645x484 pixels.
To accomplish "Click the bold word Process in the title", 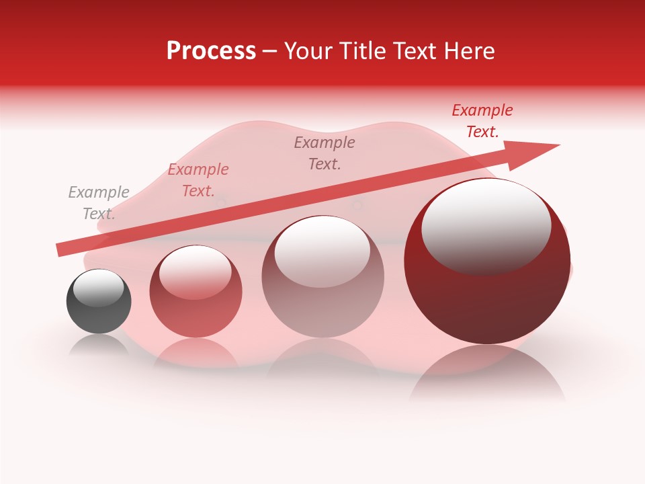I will click(211, 51).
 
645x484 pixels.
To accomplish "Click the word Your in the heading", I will click(308, 51).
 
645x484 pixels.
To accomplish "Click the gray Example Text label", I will click(99, 203).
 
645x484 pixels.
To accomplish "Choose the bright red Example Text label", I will click(482, 121).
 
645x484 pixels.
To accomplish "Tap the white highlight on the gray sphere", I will click(99, 287).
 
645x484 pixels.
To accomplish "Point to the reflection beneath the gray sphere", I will click(99, 344).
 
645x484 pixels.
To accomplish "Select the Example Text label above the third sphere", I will click(325, 153).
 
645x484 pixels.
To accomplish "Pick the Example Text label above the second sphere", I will click(198, 180).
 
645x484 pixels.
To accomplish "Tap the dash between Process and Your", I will click(269, 51).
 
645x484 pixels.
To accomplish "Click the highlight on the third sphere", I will click(322, 250).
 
